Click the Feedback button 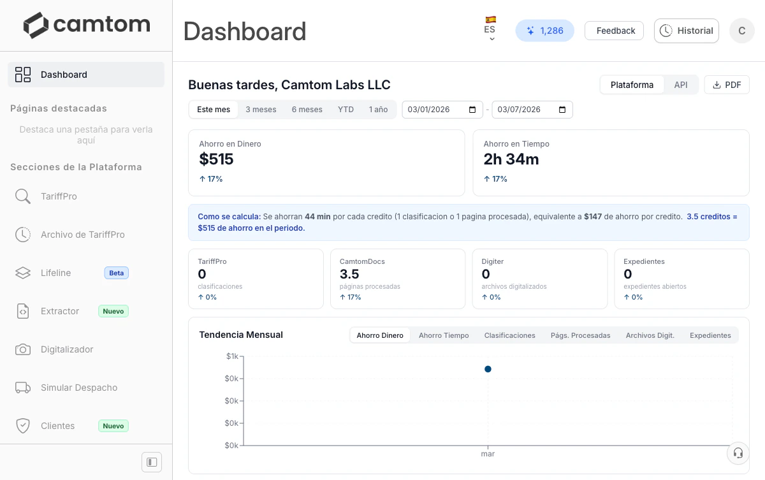pyautogui.click(x=614, y=31)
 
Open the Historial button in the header pyautogui.click(x=686, y=31)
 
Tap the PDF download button pyautogui.click(x=726, y=85)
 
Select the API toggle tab pyautogui.click(x=680, y=85)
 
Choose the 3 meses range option pyautogui.click(x=261, y=110)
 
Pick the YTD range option pyautogui.click(x=346, y=110)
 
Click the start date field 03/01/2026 pyautogui.click(x=437, y=110)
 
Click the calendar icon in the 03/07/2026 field pyautogui.click(x=562, y=110)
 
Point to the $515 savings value pyautogui.click(x=216, y=159)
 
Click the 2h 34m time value pyautogui.click(x=511, y=159)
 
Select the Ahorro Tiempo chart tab pyautogui.click(x=443, y=335)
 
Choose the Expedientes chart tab pyautogui.click(x=710, y=335)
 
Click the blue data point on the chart pyautogui.click(x=488, y=369)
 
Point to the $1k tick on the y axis pyautogui.click(x=232, y=356)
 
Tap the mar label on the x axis pyautogui.click(x=488, y=454)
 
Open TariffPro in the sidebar pyautogui.click(x=59, y=196)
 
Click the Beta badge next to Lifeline pyautogui.click(x=116, y=273)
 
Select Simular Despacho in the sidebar pyautogui.click(x=78, y=388)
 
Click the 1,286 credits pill pyautogui.click(x=544, y=31)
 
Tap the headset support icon pyautogui.click(x=738, y=453)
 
